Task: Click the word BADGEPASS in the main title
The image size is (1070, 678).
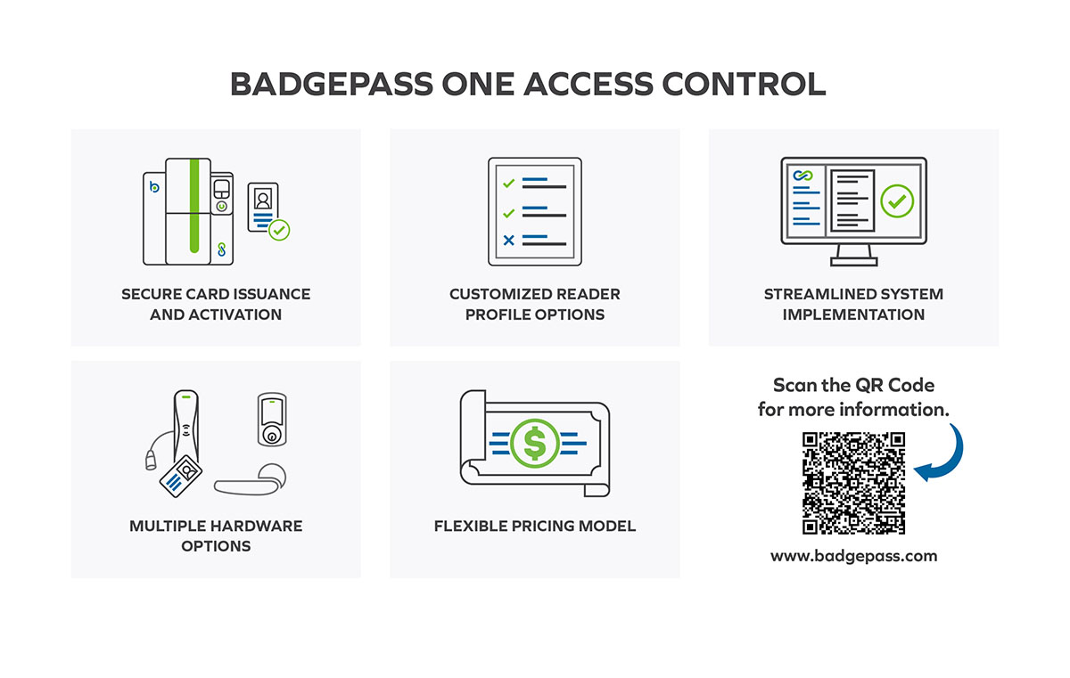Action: point(332,85)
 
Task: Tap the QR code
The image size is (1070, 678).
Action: point(853,484)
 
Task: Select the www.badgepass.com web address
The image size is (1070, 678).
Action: point(853,556)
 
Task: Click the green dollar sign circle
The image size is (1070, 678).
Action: point(534,444)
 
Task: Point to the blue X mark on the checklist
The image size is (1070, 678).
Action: point(509,240)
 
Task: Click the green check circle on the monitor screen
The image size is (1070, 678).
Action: point(897,201)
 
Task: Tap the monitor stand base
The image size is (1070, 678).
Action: point(853,261)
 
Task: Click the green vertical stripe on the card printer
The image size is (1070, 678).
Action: point(194,206)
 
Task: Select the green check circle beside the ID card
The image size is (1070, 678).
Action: point(279,231)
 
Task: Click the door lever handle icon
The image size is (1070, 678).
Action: point(250,480)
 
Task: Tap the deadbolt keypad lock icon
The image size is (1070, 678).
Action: point(272,420)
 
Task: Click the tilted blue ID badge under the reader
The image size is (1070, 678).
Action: point(180,476)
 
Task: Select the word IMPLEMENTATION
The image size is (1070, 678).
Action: point(853,314)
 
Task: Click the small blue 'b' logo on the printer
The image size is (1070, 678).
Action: point(154,186)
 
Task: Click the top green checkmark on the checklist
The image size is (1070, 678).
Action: point(509,184)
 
